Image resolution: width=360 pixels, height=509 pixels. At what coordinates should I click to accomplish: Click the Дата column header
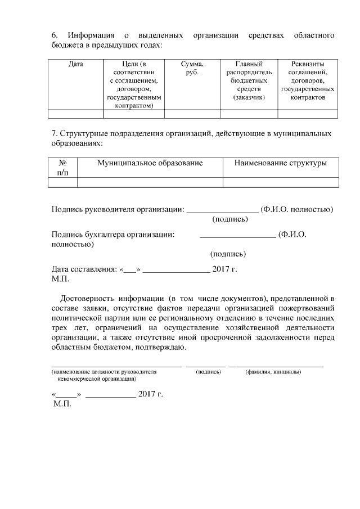pyautogui.click(x=75, y=64)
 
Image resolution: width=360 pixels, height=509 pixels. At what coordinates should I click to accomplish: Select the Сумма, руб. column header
pyautogui.click(x=192, y=68)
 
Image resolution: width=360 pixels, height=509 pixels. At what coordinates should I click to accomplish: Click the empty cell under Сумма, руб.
pyautogui.click(x=192, y=114)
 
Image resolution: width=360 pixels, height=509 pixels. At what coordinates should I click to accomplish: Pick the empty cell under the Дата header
pyautogui.click(x=75, y=114)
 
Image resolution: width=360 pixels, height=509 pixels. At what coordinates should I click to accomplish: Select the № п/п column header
pyautogui.click(x=62, y=167)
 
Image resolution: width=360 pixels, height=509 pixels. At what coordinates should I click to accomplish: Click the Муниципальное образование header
pyautogui.click(x=150, y=163)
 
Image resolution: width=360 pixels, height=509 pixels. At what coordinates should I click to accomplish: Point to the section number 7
pyautogui.click(x=54, y=134)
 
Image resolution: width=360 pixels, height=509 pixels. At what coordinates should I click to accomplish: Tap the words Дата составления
pyautogui.click(x=82, y=269)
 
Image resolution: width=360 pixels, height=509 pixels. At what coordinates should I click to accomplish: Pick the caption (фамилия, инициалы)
pyautogui.click(x=273, y=372)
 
